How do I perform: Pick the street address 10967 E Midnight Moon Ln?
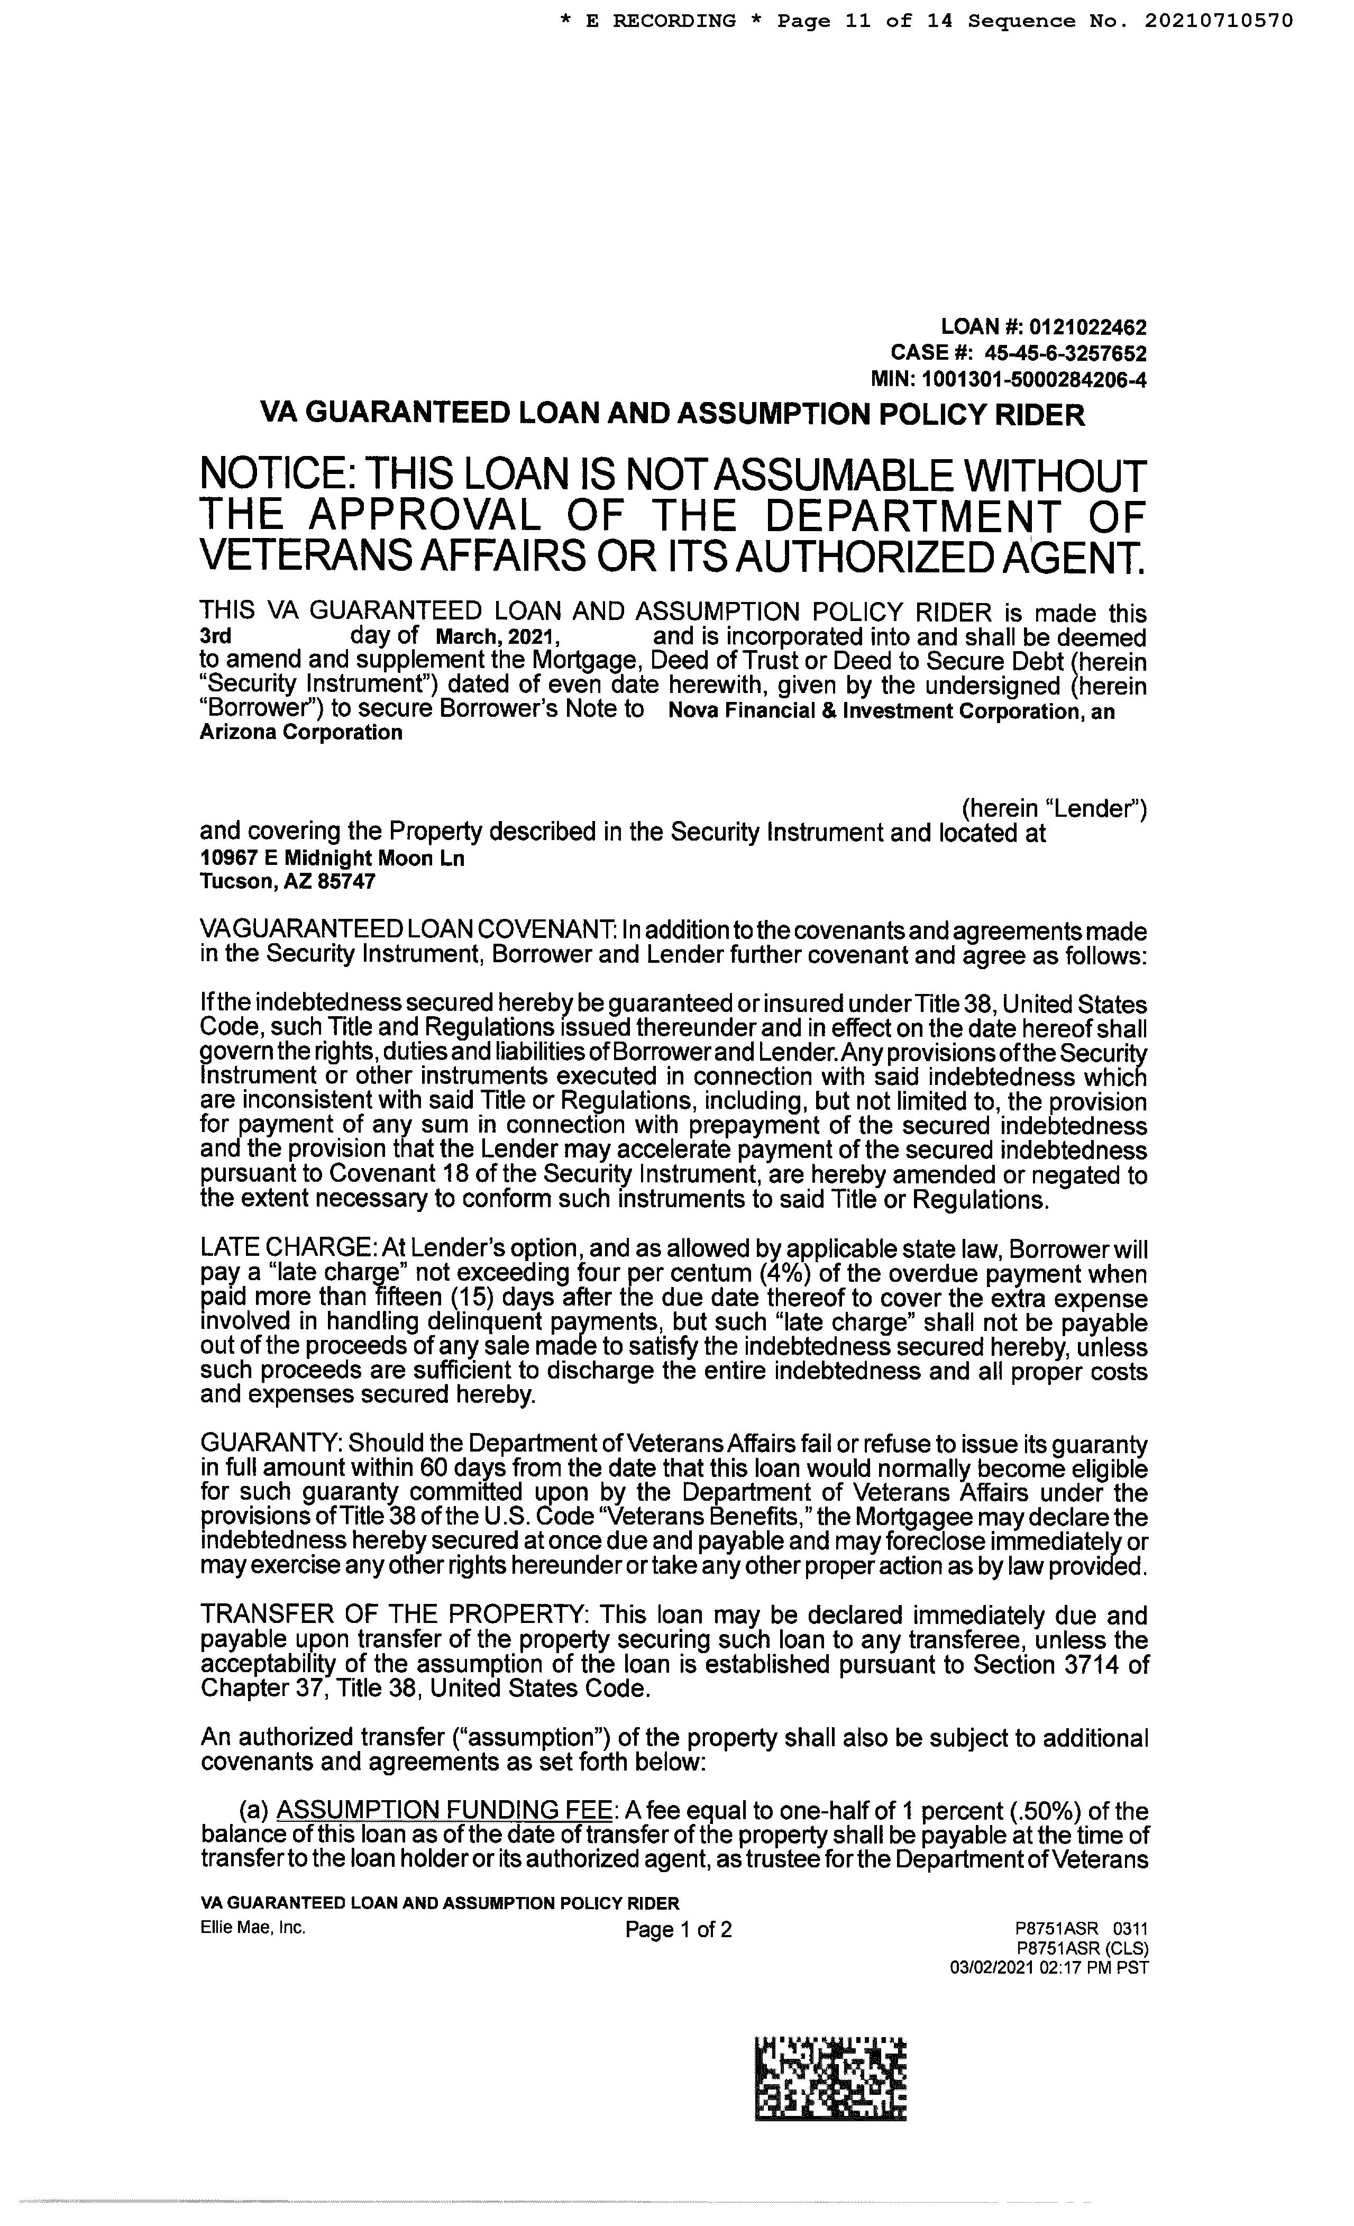[332, 858]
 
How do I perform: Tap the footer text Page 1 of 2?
[678, 1930]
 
